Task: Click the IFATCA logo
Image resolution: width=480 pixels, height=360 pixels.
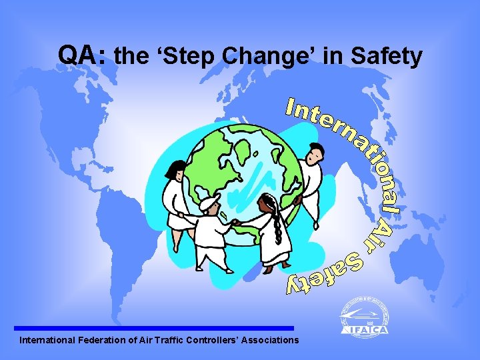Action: [x=363, y=317]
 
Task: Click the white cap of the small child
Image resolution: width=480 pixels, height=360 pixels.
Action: [x=209, y=200]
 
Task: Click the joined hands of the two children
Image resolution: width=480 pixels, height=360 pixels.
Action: [x=235, y=221]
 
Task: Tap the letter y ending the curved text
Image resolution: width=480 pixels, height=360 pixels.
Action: [x=294, y=286]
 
